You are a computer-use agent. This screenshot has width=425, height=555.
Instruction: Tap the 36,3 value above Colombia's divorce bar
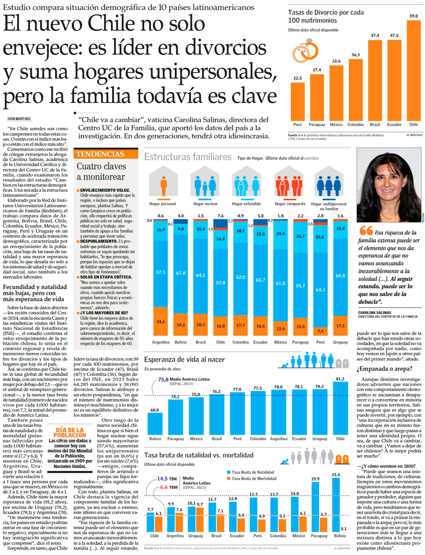pyautogui.click(x=355, y=55)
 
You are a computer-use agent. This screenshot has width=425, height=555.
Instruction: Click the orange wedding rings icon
pyautogui.click(x=305, y=51)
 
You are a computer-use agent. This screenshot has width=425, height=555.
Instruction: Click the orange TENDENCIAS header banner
pyautogui.click(x=105, y=154)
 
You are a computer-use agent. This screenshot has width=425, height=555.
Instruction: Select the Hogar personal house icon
pyautogui.click(x=163, y=182)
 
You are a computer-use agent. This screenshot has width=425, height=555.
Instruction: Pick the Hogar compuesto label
pyautogui.click(x=290, y=204)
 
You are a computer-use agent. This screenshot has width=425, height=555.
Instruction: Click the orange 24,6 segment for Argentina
pyautogui.click(x=161, y=321)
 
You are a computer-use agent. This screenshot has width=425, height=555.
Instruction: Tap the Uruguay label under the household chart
pyautogui.click(x=340, y=342)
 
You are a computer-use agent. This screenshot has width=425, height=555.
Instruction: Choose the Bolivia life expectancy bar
pyautogui.click(x=155, y=424)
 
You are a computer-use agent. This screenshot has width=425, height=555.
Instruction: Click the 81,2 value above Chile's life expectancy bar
pyautogui.click(x=340, y=379)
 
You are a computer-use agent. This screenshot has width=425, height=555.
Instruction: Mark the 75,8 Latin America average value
pyautogui.click(x=163, y=380)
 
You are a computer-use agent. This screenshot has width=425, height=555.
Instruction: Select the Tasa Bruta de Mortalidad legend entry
pyautogui.click(x=254, y=478)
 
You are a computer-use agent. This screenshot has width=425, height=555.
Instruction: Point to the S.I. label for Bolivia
pyautogui.click(x=344, y=529)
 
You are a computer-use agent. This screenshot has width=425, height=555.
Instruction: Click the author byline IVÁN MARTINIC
pyautogui.click(x=19, y=119)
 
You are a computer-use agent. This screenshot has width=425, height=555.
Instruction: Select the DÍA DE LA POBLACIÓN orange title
pyautogui.click(x=70, y=432)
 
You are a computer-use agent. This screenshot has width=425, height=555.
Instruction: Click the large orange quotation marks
pyautogui.click(x=366, y=231)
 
